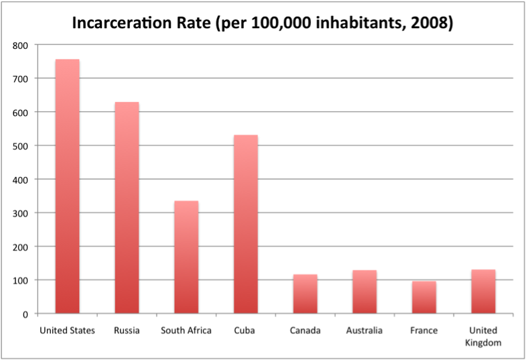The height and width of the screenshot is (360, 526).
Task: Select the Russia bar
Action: [127, 208]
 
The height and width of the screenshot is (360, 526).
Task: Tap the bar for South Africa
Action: [186, 257]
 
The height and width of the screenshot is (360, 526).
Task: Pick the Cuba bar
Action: [245, 225]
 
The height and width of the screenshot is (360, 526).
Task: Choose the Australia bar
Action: [365, 292]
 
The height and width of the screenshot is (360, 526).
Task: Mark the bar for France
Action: [423, 297]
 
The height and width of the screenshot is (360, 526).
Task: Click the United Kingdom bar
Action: [483, 292]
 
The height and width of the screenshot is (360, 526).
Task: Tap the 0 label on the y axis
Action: [25, 314]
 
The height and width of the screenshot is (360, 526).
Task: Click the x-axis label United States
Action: [67, 331]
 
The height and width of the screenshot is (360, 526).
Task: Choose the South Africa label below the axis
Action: [186, 331]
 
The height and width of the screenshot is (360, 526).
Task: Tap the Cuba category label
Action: [245, 331]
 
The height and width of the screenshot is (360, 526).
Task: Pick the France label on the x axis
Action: [423, 331]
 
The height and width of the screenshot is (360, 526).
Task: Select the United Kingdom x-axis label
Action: [483, 336]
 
